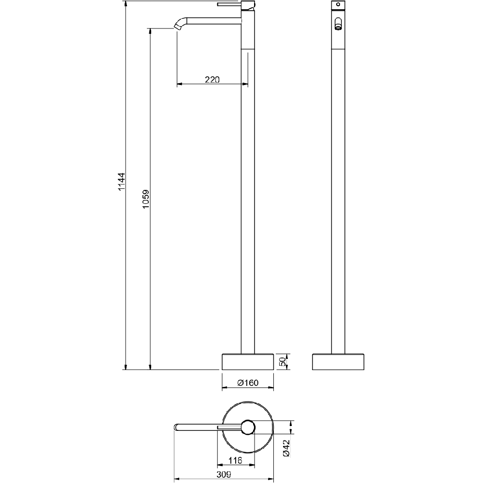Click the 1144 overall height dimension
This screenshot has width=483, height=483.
coord(122,182)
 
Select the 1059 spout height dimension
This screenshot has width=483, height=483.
coord(146,199)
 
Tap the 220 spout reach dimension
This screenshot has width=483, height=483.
coord(212,80)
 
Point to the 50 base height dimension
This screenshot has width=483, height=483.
coord(283,362)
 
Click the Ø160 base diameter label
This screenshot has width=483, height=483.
coord(248,383)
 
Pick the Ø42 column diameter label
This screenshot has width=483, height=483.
coord(286,448)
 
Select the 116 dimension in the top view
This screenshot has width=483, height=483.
coord(235,460)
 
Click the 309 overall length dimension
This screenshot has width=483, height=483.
coord(224,474)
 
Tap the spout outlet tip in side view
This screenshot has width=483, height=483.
coord(178,27)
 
